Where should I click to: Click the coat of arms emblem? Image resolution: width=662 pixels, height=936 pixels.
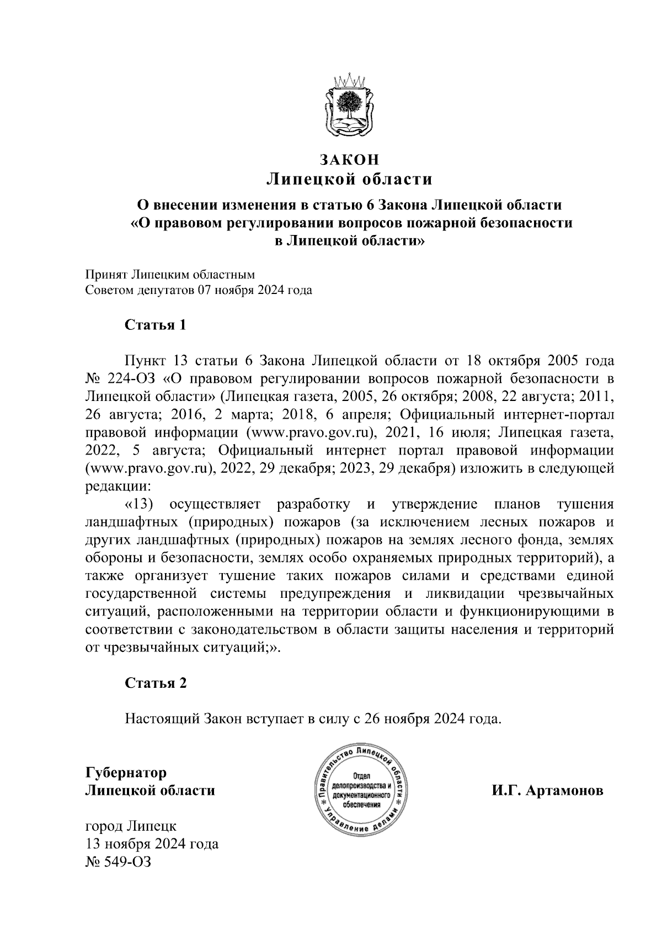pyautogui.click(x=349, y=105)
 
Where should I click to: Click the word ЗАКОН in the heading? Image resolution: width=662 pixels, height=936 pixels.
pyautogui.click(x=349, y=160)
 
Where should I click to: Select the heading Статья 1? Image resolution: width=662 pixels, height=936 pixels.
pyautogui.click(x=156, y=325)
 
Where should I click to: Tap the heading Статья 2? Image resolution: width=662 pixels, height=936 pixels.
pyautogui.click(x=156, y=683)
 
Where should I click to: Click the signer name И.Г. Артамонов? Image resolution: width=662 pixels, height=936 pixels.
pyautogui.click(x=548, y=790)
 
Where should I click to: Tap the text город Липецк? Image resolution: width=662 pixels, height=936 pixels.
pyautogui.click(x=131, y=826)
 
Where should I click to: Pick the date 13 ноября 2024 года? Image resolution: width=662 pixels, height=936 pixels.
pyautogui.click(x=152, y=844)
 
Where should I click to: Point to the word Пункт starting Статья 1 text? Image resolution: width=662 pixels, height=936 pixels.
pyautogui.click(x=144, y=361)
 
